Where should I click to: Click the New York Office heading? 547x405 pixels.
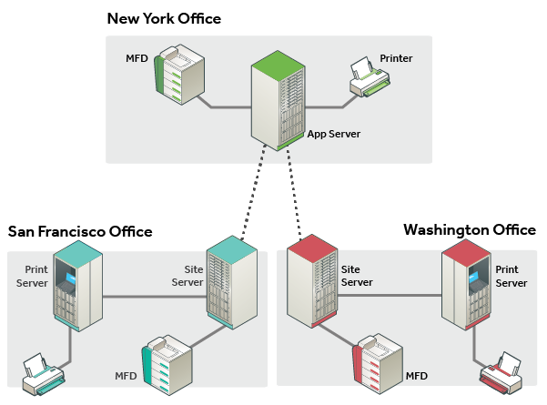[164, 18]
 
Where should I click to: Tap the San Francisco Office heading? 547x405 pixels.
[80, 231]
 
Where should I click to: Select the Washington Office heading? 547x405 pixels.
[470, 229]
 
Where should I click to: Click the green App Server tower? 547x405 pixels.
[278, 100]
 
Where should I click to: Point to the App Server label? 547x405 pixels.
[334, 134]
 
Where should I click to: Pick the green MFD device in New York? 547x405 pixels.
[179, 75]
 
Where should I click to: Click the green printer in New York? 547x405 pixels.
[370, 77]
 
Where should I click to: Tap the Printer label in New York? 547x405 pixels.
[396, 58]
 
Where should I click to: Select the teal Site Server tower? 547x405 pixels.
[232, 282]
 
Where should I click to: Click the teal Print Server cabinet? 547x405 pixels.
[77, 286]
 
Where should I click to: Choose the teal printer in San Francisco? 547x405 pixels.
[44, 374]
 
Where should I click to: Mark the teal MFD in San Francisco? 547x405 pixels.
[167, 365]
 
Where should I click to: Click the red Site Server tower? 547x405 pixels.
[312, 281]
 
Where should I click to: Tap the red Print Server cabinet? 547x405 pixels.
[466, 285]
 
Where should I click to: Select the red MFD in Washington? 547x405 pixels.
[378, 364]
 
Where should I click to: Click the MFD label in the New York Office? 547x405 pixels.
[137, 58]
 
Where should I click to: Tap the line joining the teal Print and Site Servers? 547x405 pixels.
[155, 297]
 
